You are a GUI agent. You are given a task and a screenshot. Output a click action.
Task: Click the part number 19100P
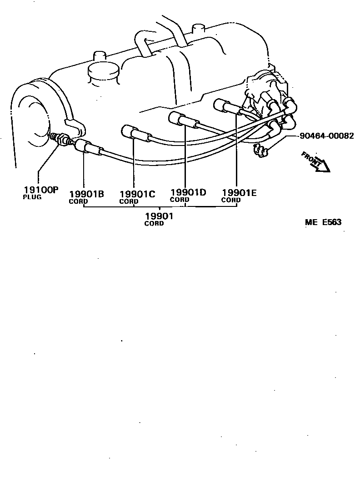pyautogui.click(x=41, y=190)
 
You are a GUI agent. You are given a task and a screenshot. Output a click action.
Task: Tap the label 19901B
pyautogui.click(x=86, y=194)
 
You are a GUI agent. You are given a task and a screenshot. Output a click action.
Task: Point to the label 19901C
pyautogui.click(x=137, y=194)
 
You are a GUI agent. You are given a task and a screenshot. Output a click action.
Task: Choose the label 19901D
pyautogui.click(x=188, y=192)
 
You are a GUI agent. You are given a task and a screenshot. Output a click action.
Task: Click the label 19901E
pyautogui.click(x=239, y=193)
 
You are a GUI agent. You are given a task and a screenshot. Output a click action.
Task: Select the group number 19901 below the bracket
pyautogui.click(x=159, y=216)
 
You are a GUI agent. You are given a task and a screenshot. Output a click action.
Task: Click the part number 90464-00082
pyautogui.click(x=326, y=136)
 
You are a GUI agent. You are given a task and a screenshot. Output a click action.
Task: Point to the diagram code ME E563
pyautogui.click(x=323, y=222)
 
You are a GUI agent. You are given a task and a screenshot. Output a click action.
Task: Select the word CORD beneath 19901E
pyautogui.click(x=231, y=200)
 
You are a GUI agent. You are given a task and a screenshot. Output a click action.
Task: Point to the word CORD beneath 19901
pyautogui.click(x=154, y=223)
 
